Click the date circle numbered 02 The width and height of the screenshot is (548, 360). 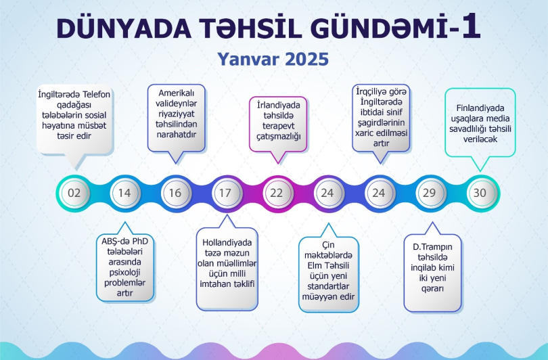74,193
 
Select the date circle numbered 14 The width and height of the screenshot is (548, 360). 124,193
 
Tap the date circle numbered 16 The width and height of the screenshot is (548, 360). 175,193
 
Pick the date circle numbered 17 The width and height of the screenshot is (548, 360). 226,193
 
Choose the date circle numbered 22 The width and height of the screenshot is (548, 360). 277,193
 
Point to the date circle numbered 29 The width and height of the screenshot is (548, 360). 430,193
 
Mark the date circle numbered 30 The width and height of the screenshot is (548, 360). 480,193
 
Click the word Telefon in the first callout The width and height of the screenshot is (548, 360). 97,94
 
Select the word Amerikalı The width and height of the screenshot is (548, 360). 176,93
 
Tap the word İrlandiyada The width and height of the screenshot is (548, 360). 279,105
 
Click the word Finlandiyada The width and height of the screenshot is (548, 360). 480,108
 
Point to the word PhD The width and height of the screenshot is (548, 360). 141,242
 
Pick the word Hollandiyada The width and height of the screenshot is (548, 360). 227,242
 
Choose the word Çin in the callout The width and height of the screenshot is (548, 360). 328,246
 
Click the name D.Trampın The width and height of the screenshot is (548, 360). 432,247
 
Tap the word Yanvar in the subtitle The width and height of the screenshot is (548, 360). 248,59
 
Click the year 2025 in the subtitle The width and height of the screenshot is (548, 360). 307,59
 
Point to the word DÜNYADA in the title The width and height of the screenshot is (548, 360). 124,28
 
